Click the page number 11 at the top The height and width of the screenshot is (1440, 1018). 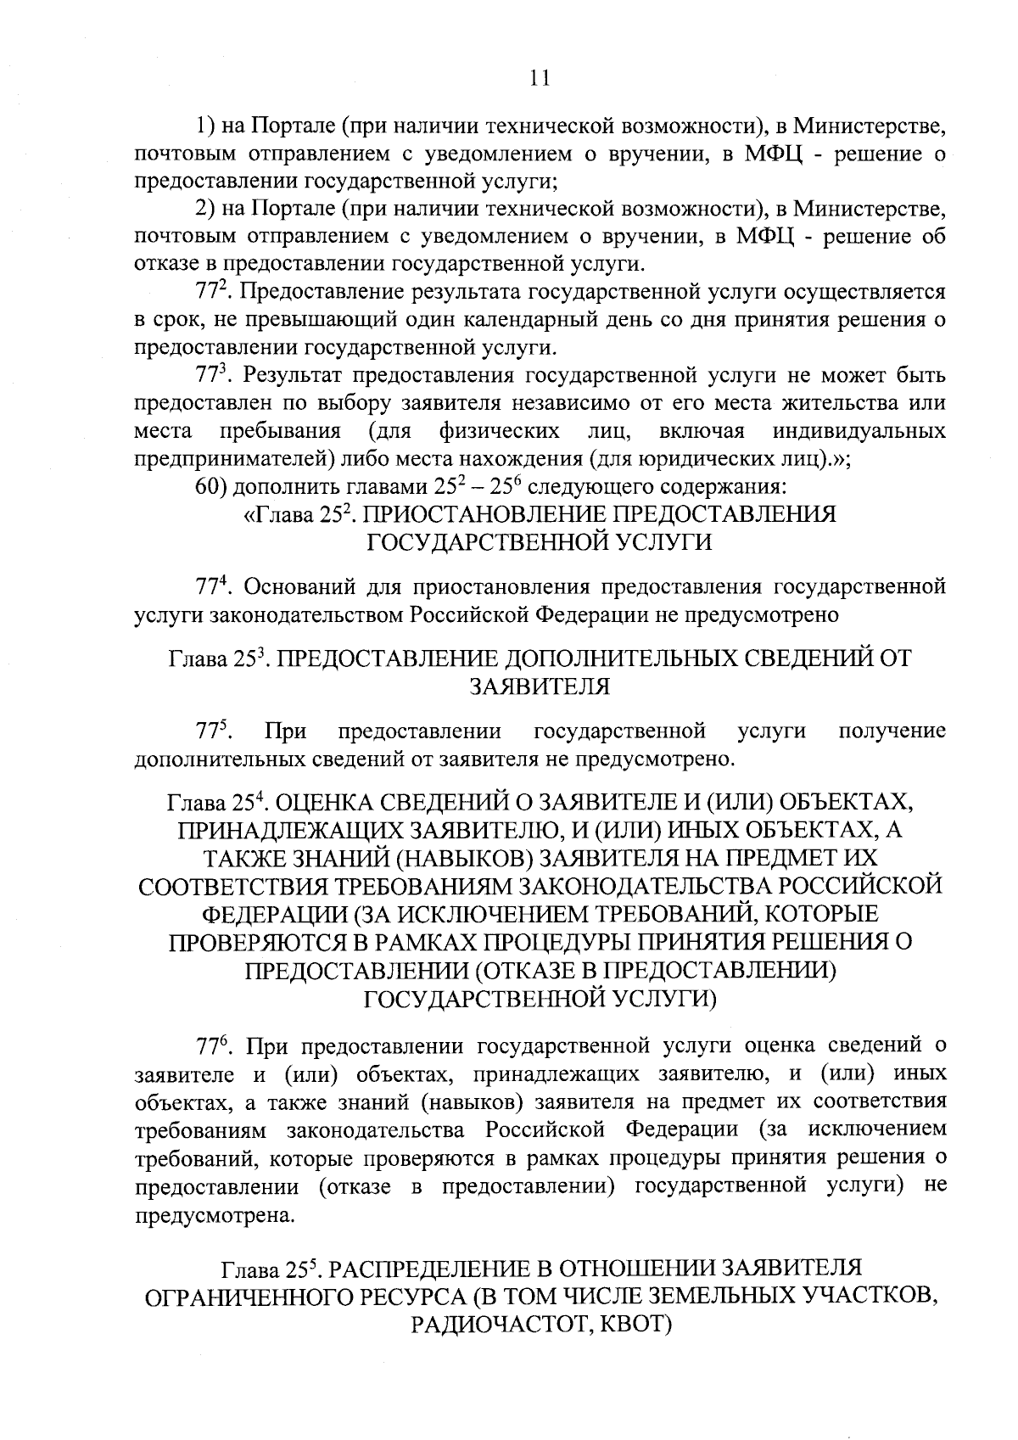tap(540, 78)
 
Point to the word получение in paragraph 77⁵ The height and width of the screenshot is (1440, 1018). tap(892, 731)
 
